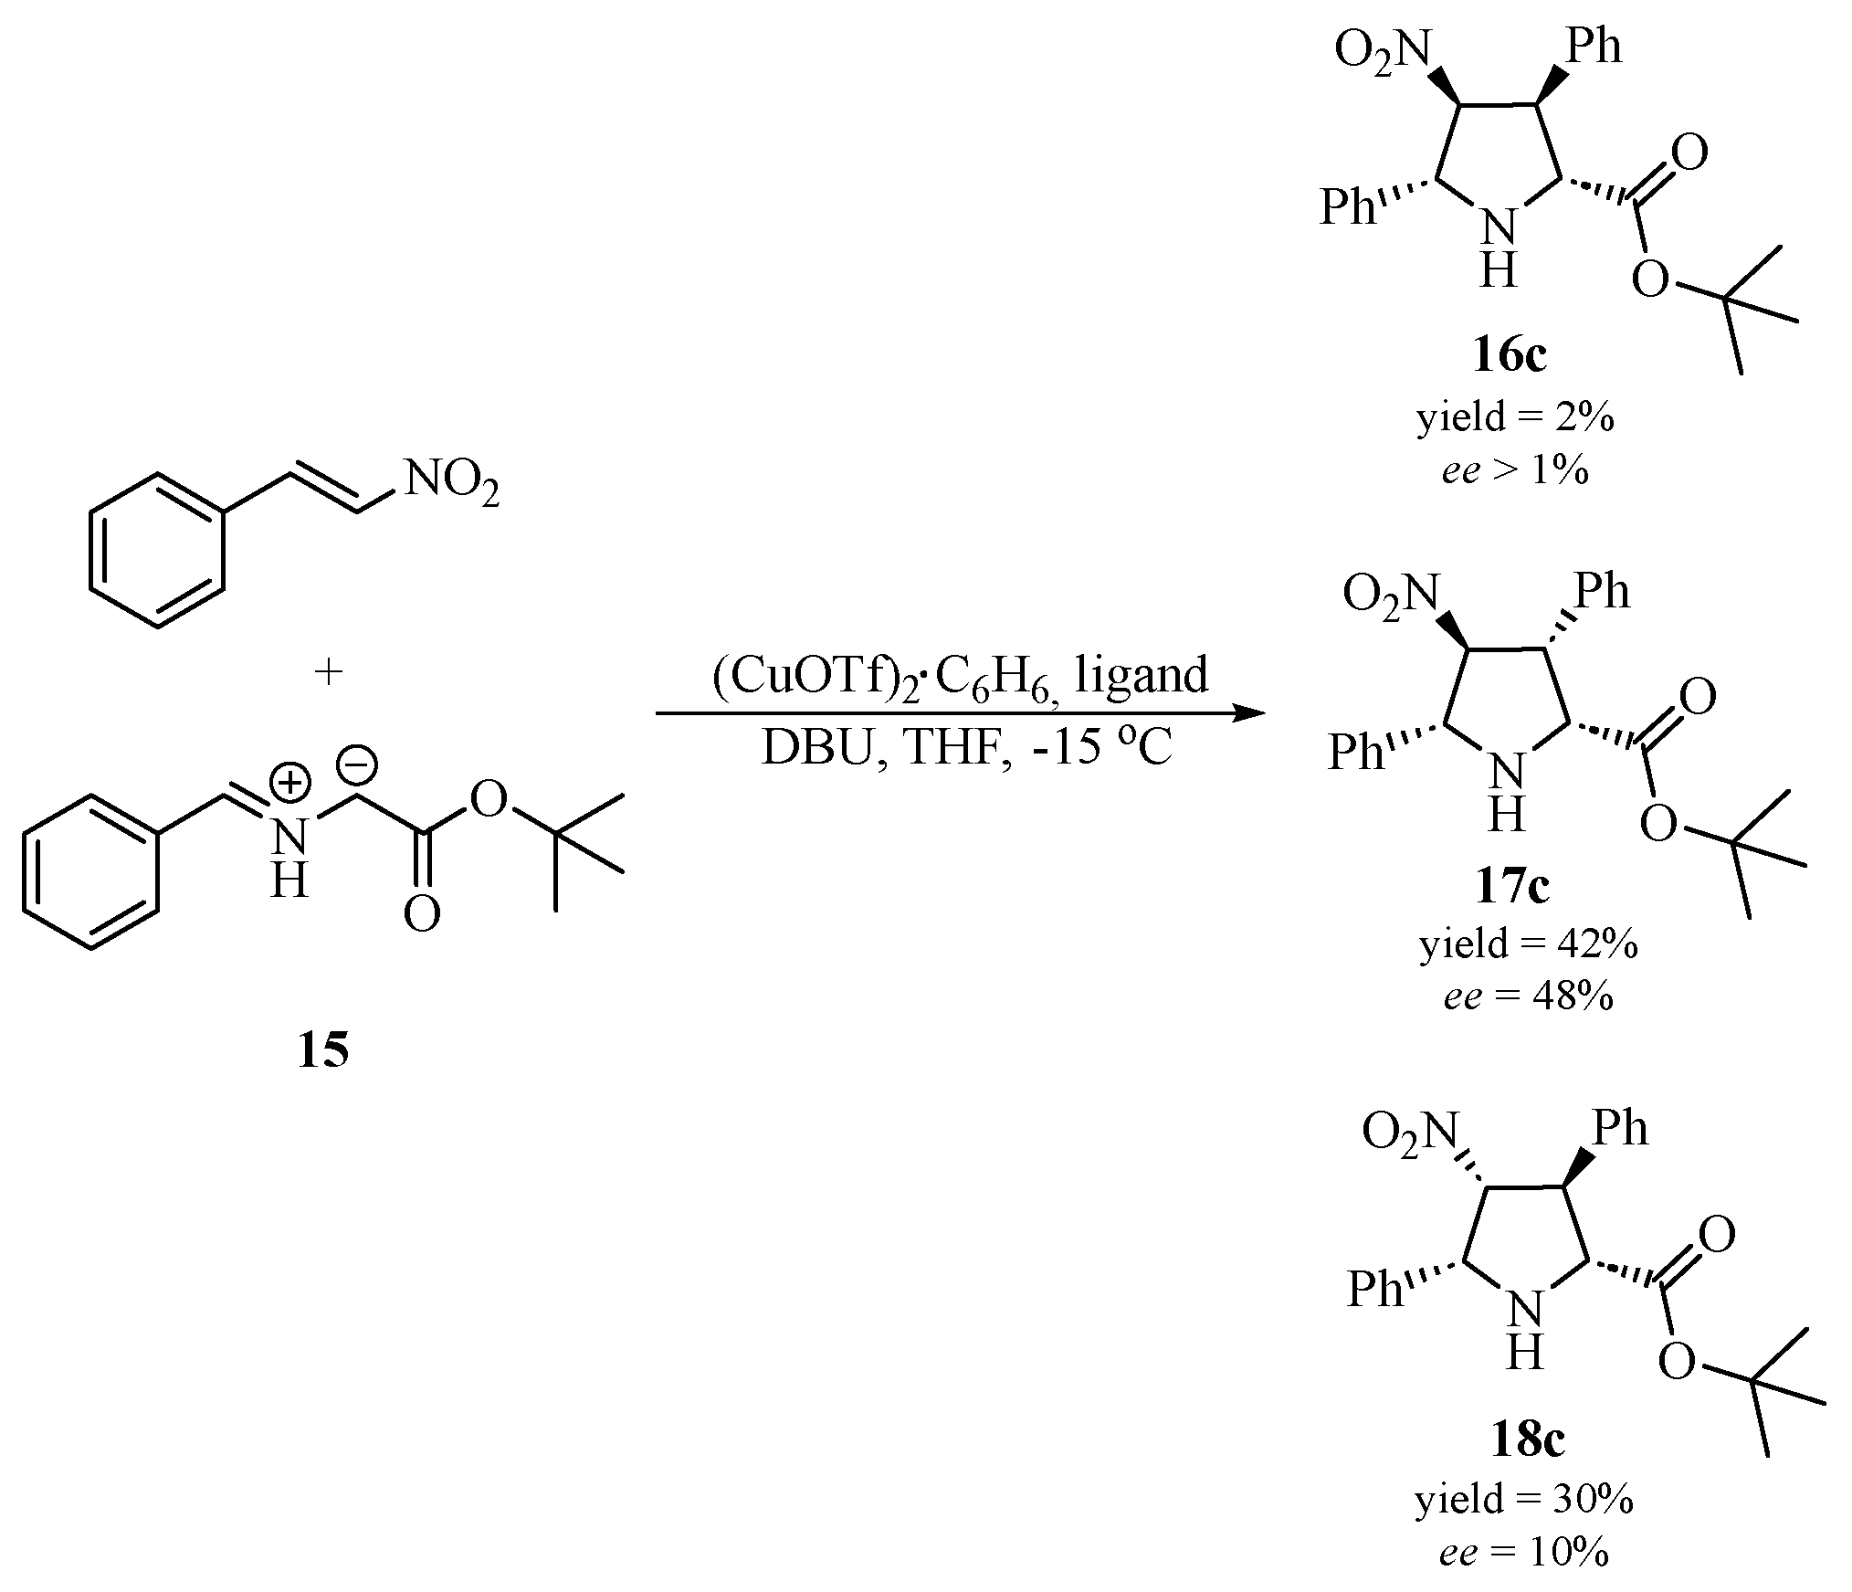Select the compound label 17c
1513,887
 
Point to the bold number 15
322,1051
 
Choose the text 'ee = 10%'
1524,1552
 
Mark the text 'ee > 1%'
1515,471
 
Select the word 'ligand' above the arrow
1142,677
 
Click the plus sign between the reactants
328,673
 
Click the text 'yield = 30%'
1524,1499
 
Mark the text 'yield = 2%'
1515,417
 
